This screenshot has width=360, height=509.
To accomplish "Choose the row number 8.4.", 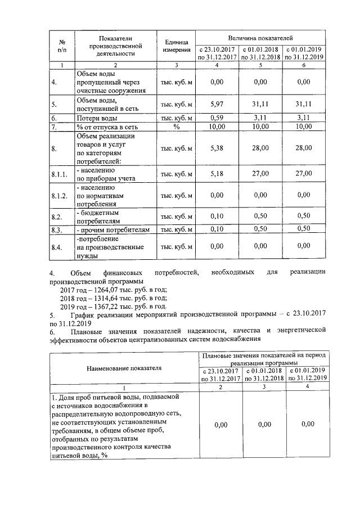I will pos(56,246).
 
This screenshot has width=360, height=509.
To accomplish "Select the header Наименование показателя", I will pos(124,368).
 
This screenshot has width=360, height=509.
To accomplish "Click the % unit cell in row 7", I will pos(176,127).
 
